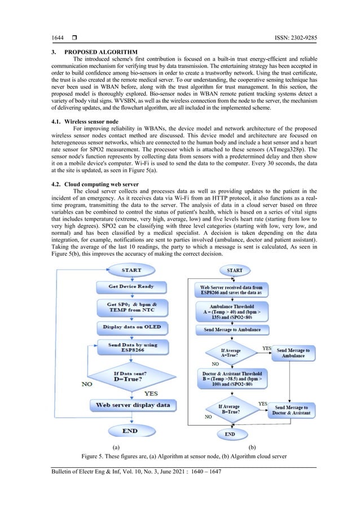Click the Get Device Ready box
pyautogui.click(x=131, y=286)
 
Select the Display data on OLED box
pyautogui.click(x=131, y=327)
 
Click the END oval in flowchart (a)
pyautogui.click(x=131, y=430)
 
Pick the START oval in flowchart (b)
pyautogui.click(x=235, y=270)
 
